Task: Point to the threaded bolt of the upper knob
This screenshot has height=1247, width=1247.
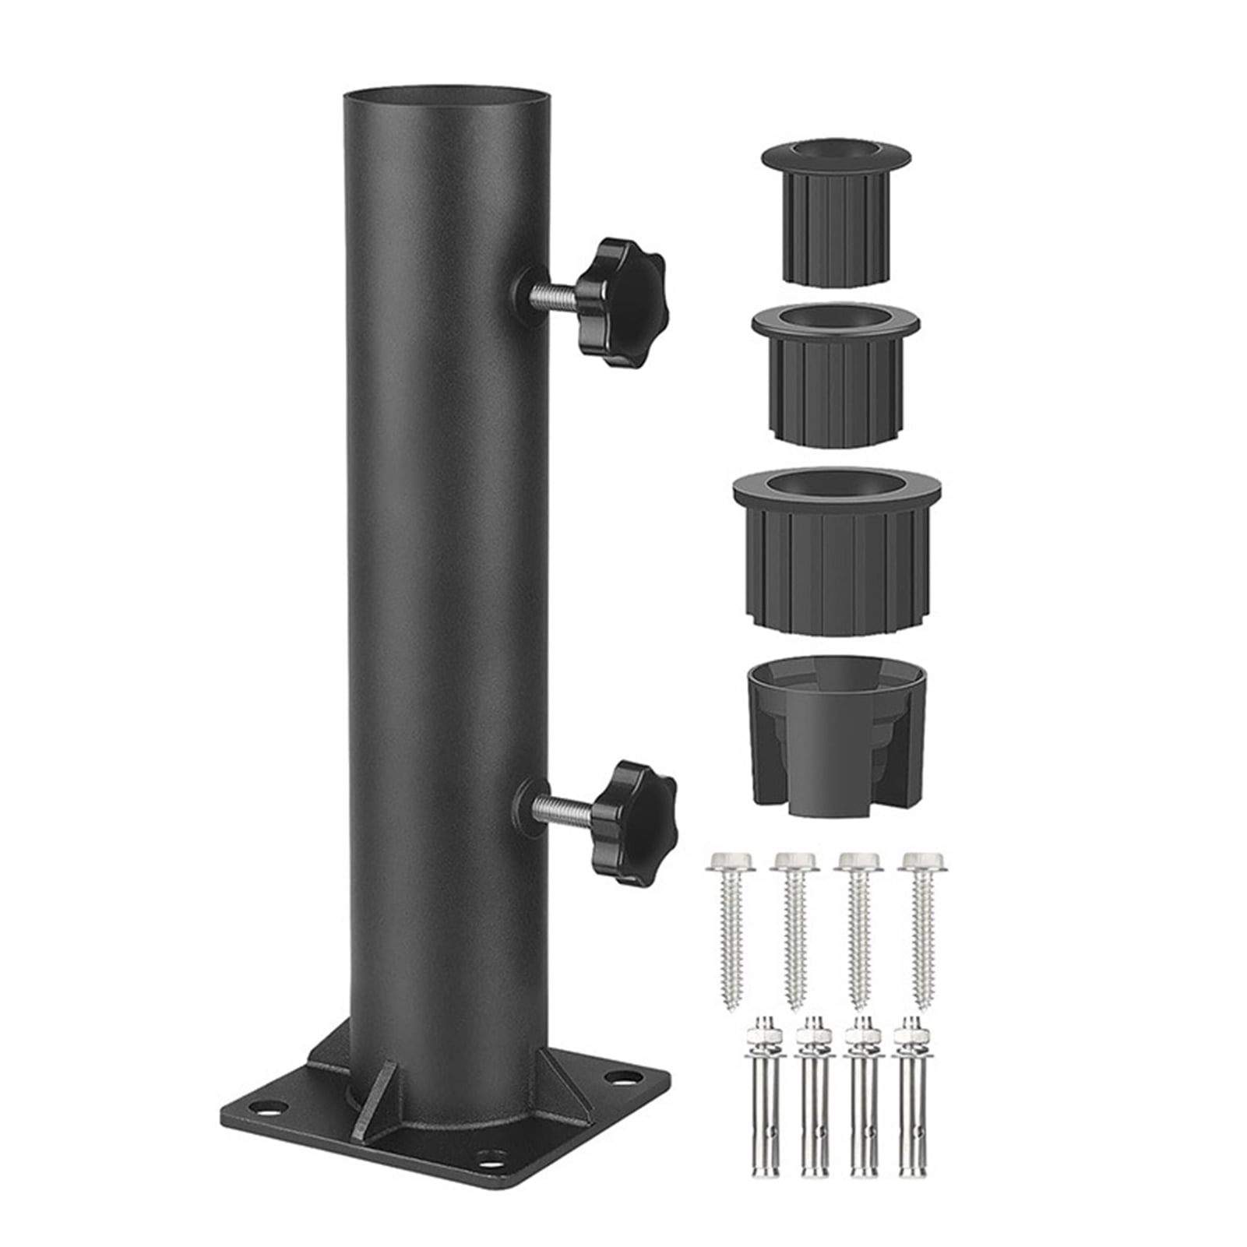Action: click(555, 295)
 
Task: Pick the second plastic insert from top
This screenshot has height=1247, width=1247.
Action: click(835, 374)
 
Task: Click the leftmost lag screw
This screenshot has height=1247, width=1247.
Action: click(730, 927)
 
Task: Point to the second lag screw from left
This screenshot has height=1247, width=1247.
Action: click(794, 927)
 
